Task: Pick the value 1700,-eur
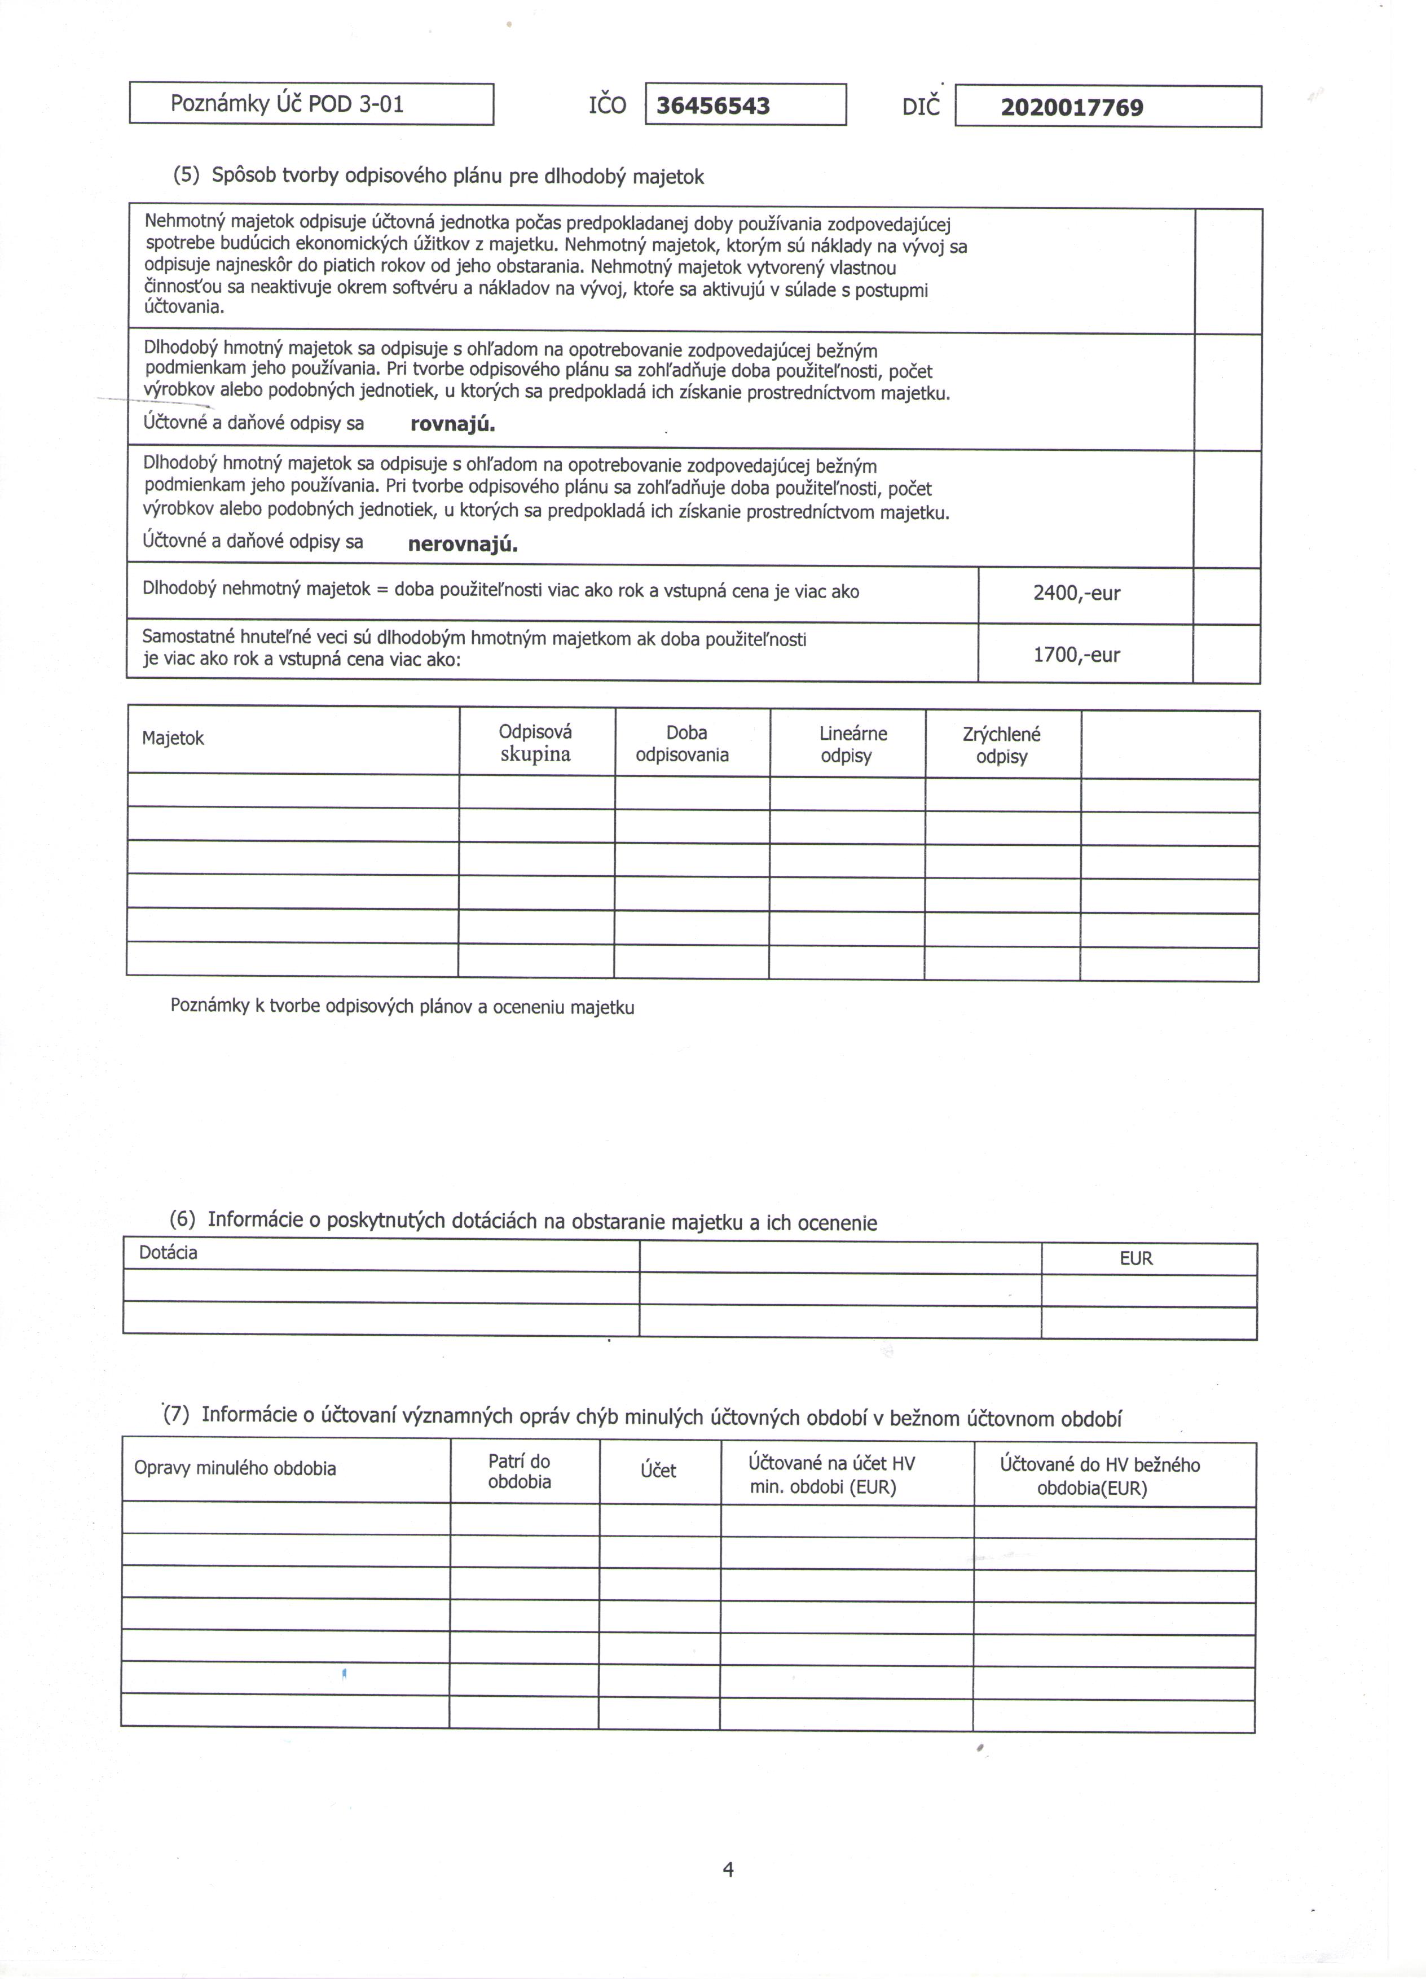[1076, 655]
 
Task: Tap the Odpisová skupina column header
[535, 743]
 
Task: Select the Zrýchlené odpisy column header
[1002, 746]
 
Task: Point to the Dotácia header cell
[168, 1253]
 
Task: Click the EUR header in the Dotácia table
[1135, 1258]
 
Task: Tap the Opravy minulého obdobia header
[235, 1468]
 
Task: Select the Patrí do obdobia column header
[520, 1471]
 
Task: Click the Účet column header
[658, 1471]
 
